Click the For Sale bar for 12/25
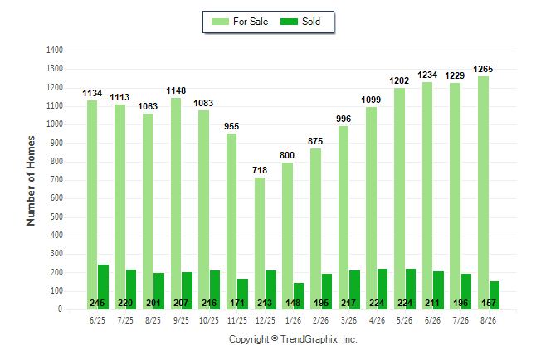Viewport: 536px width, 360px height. [260, 243]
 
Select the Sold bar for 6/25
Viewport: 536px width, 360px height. [103, 287]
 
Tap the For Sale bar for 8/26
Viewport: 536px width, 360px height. [483, 192]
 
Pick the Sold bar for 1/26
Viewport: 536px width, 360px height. [299, 296]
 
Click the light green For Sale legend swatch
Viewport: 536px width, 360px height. [220, 22]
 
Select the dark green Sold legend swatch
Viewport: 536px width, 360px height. [290, 22]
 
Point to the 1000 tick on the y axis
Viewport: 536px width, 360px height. [55, 124]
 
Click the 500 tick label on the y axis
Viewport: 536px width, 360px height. [56, 217]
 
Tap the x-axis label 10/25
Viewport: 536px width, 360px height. [209, 320]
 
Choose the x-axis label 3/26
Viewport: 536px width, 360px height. [348, 320]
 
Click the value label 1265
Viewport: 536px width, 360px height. [483, 70]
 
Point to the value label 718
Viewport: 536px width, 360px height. [260, 170]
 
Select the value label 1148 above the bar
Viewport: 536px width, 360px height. [176, 91]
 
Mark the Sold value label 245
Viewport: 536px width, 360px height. [97, 303]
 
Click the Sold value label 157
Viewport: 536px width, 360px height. [489, 303]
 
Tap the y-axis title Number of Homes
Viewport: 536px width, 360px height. [31, 181]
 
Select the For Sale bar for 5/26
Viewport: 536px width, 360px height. [399, 198]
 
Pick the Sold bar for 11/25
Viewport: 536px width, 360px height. [243, 294]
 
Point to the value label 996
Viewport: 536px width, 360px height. [344, 119]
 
